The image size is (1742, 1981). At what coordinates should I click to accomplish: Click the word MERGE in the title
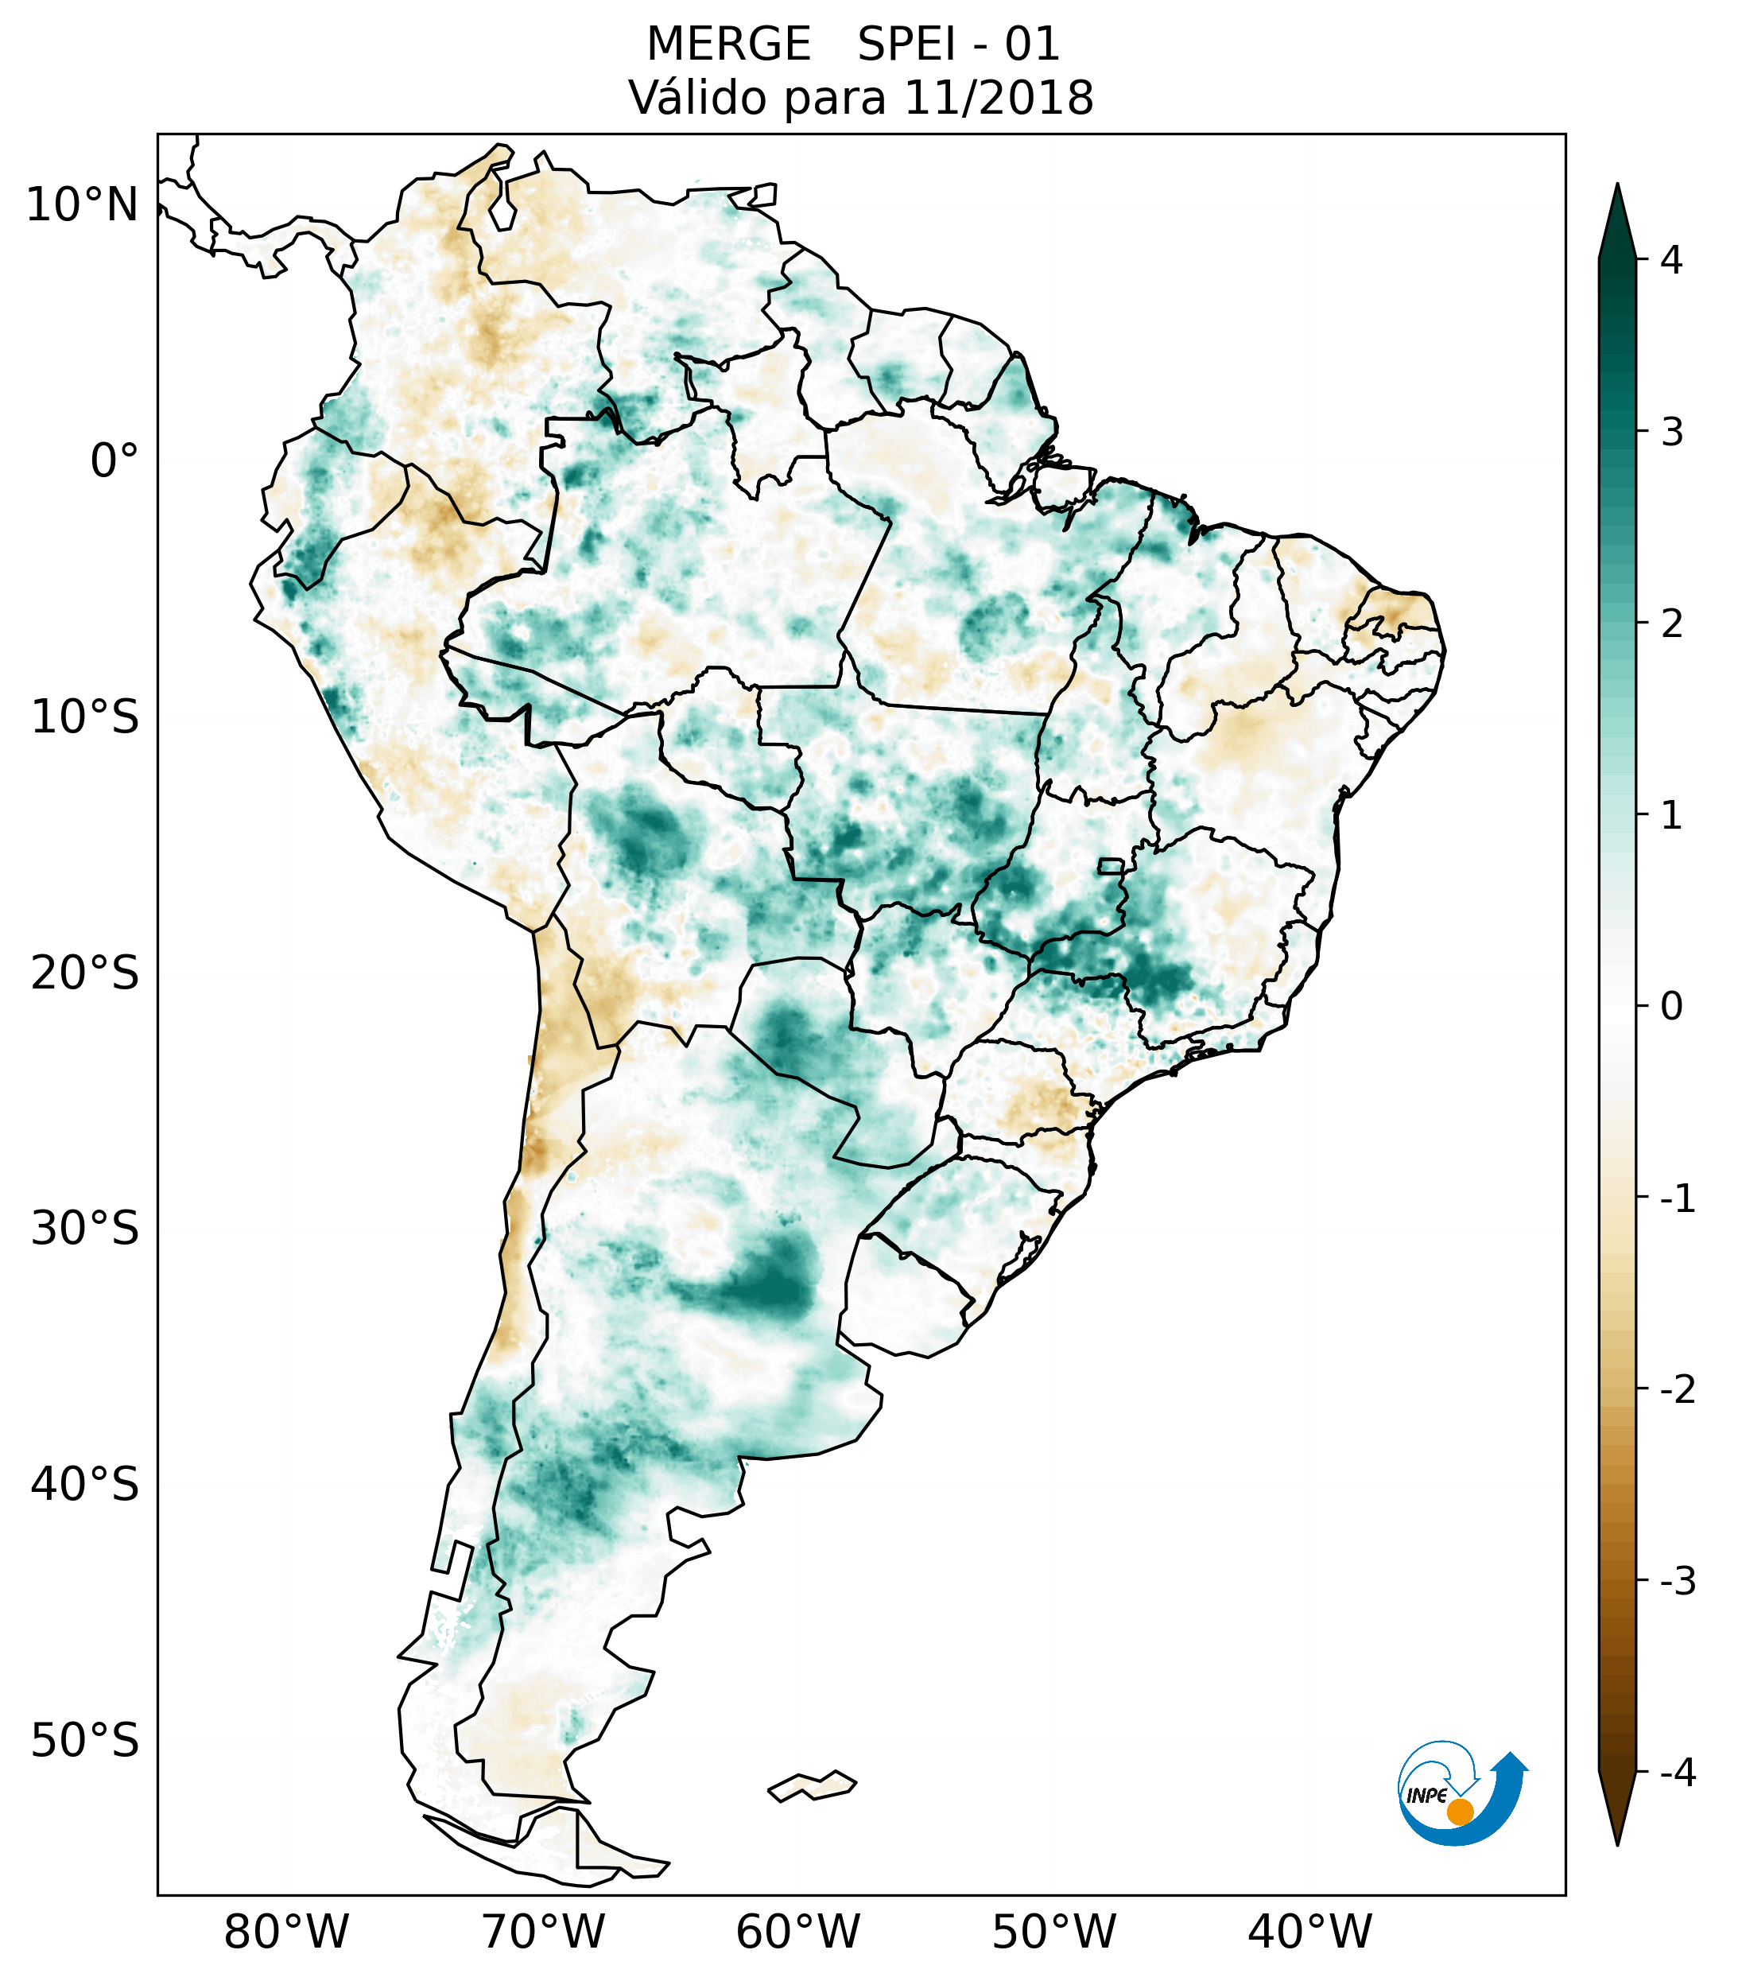click(x=728, y=45)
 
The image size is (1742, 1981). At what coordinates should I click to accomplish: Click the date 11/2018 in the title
click(x=999, y=98)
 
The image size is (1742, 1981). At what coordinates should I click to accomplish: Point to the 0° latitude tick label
click(x=114, y=460)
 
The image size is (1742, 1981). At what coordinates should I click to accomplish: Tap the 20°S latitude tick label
click(x=85, y=973)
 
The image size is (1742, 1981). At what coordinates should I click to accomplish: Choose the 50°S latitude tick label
click(x=85, y=1742)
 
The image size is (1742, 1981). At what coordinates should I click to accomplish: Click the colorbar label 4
click(x=1671, y=260)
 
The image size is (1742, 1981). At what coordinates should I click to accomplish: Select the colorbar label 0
click(x=1671, y=1007)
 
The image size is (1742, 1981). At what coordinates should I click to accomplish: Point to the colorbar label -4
click(x=1677, y=1773)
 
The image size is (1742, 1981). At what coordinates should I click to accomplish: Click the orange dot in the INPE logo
click(x=1460, y=1812)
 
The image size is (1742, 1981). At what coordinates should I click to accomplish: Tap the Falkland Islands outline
click(x=812, y=1785)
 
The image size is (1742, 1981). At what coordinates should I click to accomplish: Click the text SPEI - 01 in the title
click(x=958, y=45)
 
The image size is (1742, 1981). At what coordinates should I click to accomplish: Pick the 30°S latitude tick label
click(x=85, y=1229)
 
